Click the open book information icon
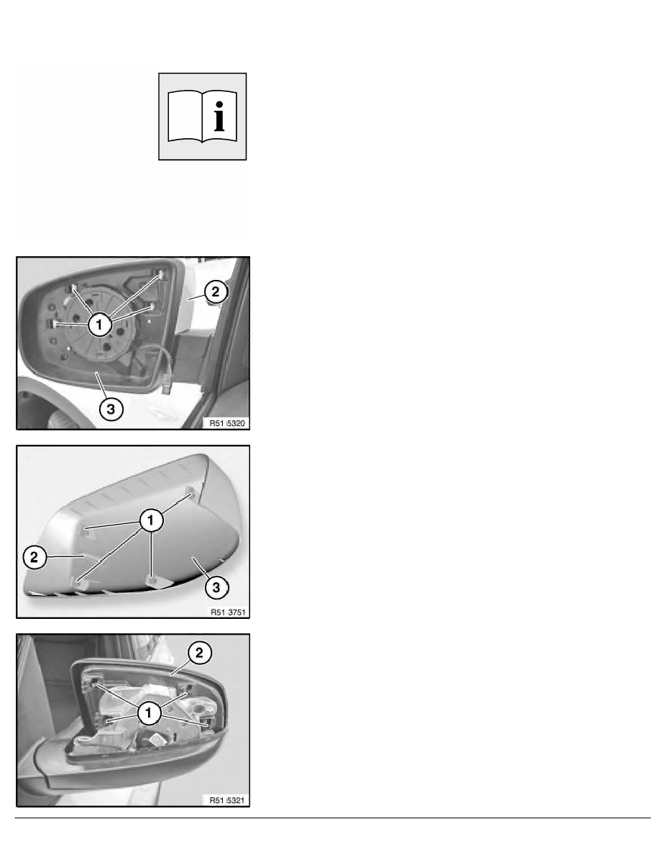[202, 117]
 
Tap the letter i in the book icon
[219, 116]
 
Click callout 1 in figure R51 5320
[99, 325]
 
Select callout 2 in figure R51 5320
[216, 291]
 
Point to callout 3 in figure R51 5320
[111, 408]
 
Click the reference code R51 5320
[227, 423]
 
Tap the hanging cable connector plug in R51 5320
[168, 381]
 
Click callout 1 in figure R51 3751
[151, 520]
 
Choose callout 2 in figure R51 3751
[35, 557]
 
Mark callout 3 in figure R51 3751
[216, 587]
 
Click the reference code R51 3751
[228, 612]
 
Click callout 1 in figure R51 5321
[149, 713]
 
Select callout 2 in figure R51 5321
[199, 653]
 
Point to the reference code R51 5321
[227, 800]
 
